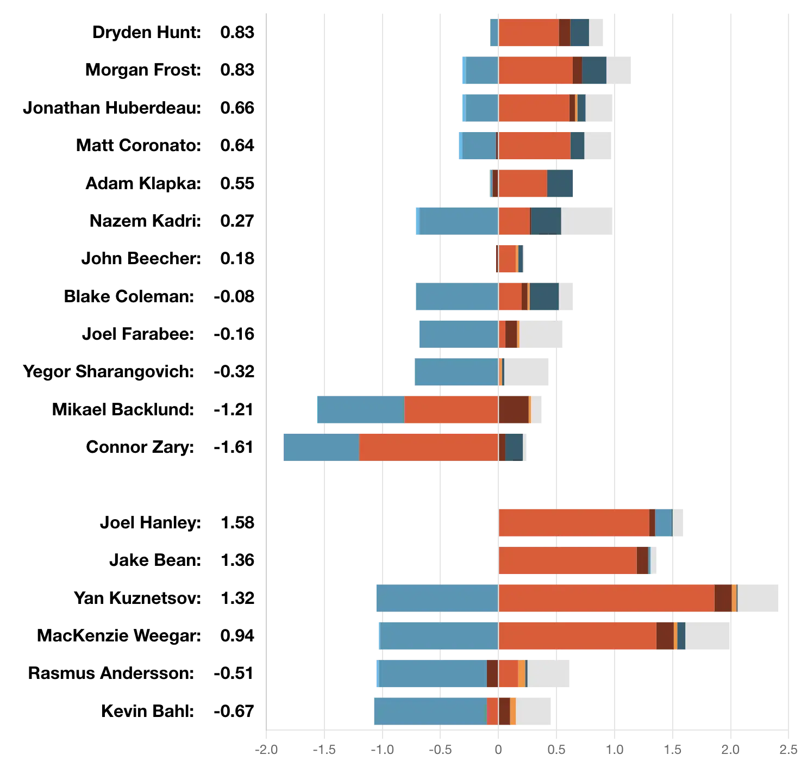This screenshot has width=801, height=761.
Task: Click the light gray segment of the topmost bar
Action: coord(596,33)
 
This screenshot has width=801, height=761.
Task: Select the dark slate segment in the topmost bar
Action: coord(579,33)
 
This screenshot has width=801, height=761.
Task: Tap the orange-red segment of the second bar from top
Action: coord(535,71)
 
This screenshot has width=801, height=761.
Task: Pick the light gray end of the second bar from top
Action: coord(620,71)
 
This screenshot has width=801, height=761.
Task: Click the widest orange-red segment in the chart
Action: coord(606,598)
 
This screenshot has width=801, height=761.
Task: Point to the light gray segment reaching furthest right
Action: coord(759,598)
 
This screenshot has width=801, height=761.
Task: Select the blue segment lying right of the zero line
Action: coord(664,524)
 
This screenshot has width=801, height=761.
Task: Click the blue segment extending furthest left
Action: coord(321,446)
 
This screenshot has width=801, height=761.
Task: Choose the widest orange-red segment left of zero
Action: coord(428,446)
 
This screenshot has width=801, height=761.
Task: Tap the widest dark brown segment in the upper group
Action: coord(513,410)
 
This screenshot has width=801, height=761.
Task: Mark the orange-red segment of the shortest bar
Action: coord(507,259)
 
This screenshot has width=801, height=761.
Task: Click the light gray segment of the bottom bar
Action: coord(534,711)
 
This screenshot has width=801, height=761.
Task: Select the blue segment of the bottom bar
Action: coord(430,711)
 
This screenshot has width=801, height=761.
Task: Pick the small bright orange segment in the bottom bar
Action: coord(512,711)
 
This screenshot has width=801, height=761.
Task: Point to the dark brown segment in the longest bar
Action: coord(723,598)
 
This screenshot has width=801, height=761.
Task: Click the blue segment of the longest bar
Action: coord(436,598)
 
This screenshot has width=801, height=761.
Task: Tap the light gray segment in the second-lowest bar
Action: coord(548,674)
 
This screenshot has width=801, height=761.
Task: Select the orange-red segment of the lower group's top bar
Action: coord(573,524)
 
